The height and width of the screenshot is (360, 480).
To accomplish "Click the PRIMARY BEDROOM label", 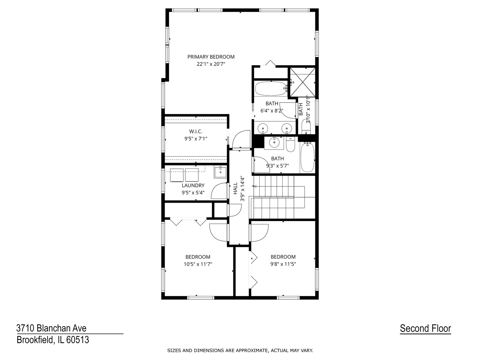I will pos(211,57).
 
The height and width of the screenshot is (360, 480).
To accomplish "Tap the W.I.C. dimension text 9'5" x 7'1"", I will pos(196,138).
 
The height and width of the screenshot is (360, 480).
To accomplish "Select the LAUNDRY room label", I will pos(193,185).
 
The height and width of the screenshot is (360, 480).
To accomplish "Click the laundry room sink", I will pos(220,172).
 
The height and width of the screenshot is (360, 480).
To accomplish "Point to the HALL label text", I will pos(235,188).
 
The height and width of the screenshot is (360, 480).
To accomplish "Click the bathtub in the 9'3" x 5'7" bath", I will pos(307,157).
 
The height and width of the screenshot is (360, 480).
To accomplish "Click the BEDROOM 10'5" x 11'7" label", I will pos(198,257).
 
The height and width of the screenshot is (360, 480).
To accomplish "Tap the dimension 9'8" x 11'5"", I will pos(283,264).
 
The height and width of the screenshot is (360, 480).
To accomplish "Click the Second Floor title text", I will pos(425,328).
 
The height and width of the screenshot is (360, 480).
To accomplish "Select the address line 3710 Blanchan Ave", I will pos(51,328).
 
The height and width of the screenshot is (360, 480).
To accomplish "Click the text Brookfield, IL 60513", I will pos(53,340).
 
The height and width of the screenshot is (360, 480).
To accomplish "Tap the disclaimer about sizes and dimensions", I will pos(240,350).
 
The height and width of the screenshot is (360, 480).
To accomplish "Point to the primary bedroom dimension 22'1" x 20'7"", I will pos(211,64).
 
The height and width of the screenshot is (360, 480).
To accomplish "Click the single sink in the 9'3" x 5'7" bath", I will pos(274,142).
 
